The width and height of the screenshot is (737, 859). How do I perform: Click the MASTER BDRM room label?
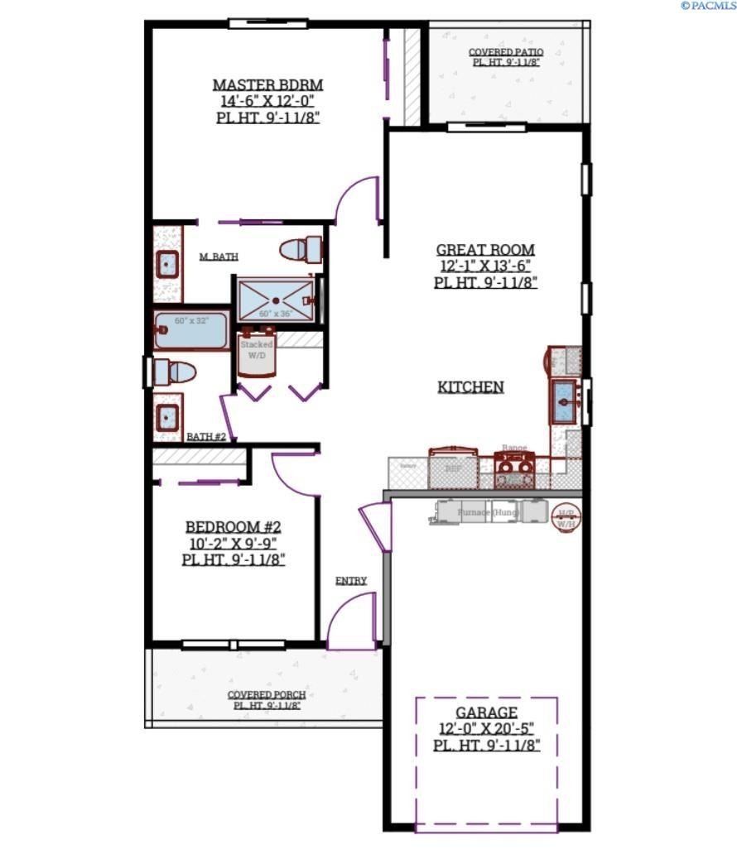[267, 84]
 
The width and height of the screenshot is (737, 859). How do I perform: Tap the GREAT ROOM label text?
[485, 249]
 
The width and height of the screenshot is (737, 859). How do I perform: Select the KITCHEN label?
[471, 386]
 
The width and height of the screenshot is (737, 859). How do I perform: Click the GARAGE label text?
[486, 713]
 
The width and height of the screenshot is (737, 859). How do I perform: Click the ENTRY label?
[351, 581]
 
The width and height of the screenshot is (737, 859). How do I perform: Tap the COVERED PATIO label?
[506, 52]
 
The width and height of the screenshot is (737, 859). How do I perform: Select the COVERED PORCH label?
[267, 694]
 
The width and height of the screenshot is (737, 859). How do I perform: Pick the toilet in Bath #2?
[174, 372]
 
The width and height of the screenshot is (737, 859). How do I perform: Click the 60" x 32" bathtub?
[191, 332]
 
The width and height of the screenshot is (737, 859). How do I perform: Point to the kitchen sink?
[567, 401]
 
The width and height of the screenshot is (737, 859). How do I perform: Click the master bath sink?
[169, 265]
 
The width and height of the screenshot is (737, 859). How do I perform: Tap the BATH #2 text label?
[206, 436]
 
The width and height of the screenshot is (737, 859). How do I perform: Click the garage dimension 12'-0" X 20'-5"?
[486, 729]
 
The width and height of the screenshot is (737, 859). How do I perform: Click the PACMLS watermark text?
[708, 6]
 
